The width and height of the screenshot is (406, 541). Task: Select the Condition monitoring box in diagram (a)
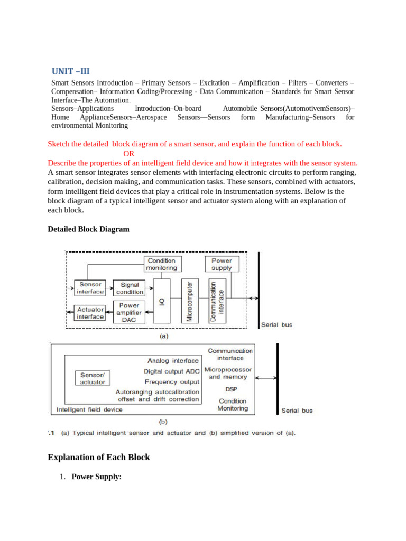click(162, 264)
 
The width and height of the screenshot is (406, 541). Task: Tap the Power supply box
click(222, 264)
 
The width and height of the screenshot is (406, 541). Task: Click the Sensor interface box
click(90, 288)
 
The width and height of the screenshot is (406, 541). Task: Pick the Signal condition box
click(130, 288)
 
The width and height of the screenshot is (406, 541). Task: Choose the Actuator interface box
click(90, 313)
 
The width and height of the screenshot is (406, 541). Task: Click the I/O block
click(162, 302)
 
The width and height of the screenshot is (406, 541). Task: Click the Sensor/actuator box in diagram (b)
click(93, 378)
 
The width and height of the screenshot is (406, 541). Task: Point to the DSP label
click(231, 389)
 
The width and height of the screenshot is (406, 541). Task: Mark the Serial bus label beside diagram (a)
click(276, 325)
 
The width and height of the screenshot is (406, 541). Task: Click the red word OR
click(128, 154)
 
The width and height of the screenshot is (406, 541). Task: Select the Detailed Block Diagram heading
click(88, 229)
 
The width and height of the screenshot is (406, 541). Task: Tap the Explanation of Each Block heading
click(99, 457)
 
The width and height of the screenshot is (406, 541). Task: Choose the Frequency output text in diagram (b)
click(172, 381)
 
